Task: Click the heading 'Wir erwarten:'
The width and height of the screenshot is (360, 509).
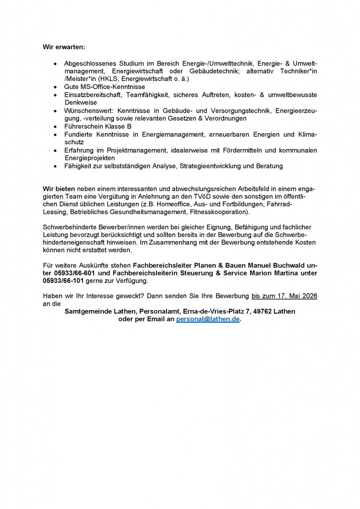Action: point(64,47)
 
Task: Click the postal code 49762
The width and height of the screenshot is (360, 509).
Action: point(265,312)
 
